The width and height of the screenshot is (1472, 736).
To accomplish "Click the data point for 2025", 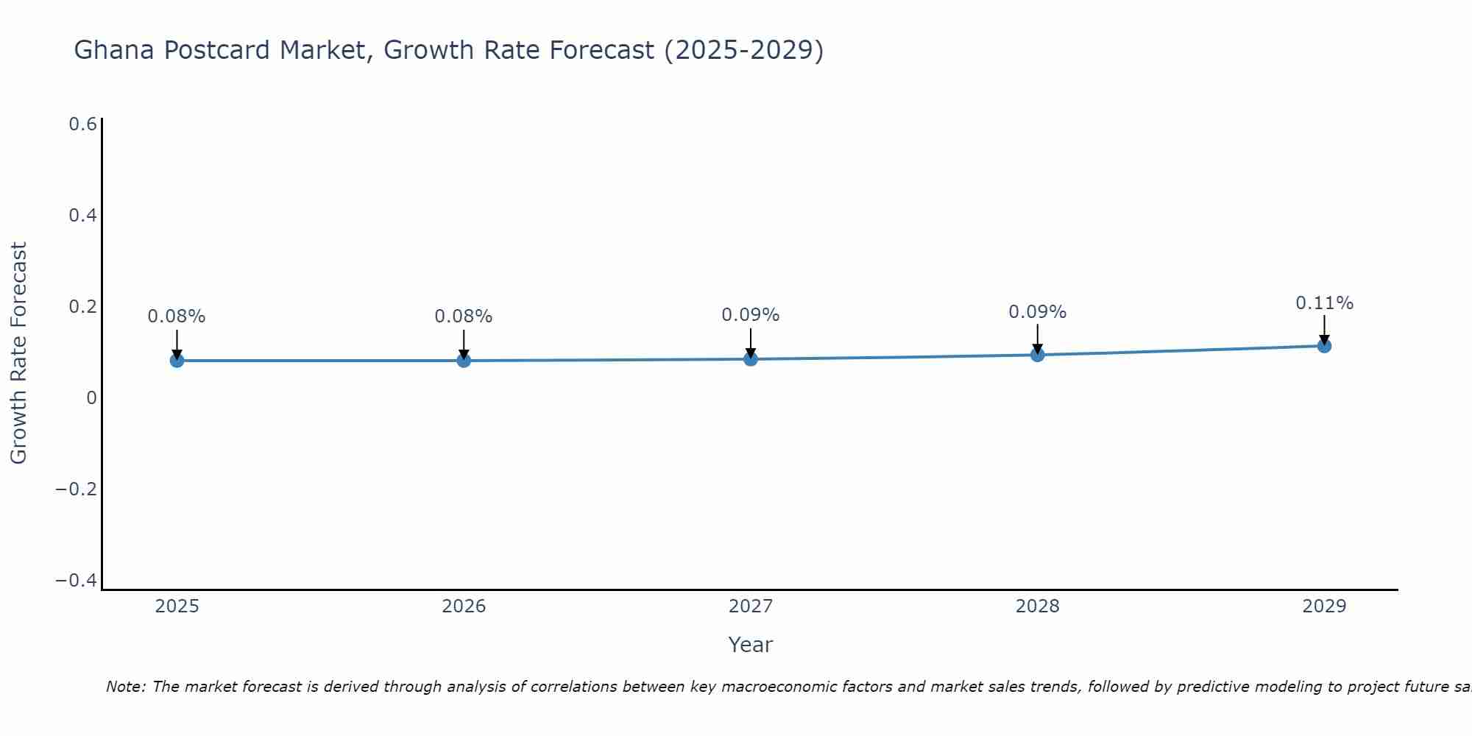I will [177, 360].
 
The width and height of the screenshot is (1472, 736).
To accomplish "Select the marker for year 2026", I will [464, 360].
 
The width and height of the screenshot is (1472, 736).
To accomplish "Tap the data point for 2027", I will [751, 358].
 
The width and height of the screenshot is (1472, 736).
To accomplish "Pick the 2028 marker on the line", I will [1038, 355].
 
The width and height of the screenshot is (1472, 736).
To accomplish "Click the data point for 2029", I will [1324, 345].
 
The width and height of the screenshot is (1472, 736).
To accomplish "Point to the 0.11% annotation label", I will [1324, 303].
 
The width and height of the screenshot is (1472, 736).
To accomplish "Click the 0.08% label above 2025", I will [177, 316].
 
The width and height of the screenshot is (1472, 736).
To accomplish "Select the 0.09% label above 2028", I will [1038, 312].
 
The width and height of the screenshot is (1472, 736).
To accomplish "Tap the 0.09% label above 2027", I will [751, 315].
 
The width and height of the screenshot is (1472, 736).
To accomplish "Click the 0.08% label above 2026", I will [464, 316].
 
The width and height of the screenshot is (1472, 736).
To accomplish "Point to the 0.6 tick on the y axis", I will [82, 124].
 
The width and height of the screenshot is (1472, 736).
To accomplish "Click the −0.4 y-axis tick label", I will [76, 581].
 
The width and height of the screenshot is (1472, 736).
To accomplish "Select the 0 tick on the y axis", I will [91, 398].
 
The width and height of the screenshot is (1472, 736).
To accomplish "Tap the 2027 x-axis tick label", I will [751, 606].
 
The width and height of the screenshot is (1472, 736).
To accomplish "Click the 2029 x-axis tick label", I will [1324, 606].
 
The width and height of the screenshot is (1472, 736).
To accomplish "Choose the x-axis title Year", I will [751, 645].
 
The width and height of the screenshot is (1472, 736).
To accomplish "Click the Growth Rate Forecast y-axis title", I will [19, 353].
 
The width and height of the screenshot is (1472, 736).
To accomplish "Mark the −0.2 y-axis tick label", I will [76, 489].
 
